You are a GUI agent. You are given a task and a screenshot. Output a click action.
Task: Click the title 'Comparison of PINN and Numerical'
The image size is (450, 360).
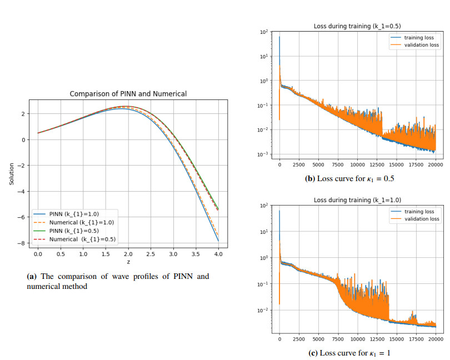[128, 94]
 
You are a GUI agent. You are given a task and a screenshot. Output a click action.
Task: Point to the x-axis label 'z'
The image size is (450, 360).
[128, 261]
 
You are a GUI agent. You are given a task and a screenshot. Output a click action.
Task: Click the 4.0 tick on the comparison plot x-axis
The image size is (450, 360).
[218, 253]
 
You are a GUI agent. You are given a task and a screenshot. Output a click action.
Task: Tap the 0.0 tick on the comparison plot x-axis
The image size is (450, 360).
[38, 253]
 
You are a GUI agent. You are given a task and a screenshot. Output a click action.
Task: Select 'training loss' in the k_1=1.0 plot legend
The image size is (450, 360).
[418, 211]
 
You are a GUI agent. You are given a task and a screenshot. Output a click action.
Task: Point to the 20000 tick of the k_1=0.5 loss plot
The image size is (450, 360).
[435, 164]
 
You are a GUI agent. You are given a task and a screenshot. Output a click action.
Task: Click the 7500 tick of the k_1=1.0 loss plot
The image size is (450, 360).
[338, 338]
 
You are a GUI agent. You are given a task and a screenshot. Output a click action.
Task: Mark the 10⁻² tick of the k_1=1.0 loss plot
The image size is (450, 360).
[264, 310]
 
